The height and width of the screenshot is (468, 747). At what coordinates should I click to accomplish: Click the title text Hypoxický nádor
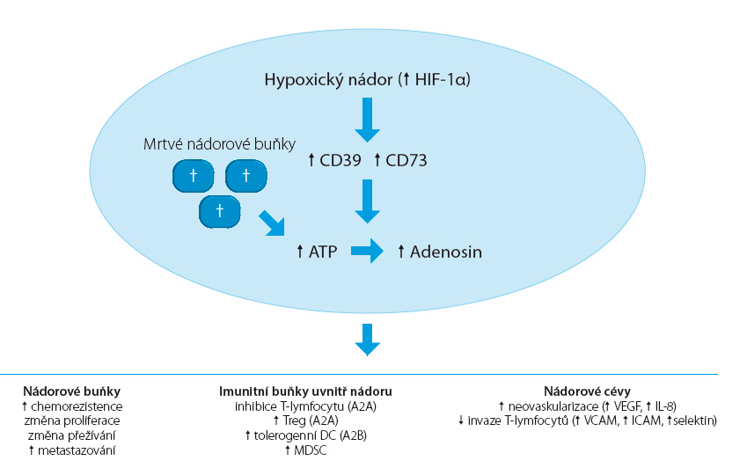coord(328,79)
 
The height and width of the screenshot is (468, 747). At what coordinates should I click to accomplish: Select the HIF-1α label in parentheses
coord(439,79)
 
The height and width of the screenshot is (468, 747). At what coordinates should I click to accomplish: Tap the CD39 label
coord(341,160)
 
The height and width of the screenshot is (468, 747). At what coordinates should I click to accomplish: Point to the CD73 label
coord(406,160)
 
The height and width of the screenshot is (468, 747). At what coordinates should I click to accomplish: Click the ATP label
coord(323,252)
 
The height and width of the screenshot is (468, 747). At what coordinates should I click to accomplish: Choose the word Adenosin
coord(446,252)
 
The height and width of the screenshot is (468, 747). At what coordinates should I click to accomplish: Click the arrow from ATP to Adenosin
coord(367,251)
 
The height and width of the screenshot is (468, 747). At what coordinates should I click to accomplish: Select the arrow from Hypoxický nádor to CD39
coord(367,120)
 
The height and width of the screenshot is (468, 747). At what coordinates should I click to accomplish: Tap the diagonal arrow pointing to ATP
coord(272,223)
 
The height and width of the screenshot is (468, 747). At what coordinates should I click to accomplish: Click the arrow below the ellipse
coord(367,340)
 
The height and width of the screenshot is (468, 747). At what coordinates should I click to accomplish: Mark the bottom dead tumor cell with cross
coord(220,211)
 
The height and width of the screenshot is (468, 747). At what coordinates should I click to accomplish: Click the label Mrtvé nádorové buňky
coord(220,144)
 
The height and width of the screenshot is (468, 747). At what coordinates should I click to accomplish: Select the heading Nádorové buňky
coord(71,391)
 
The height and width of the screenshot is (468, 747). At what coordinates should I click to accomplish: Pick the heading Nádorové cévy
coord(587,391)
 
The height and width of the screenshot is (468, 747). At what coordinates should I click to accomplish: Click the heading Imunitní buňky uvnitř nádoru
coord(305,391)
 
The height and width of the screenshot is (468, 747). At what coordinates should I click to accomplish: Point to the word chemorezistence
coord(77,406)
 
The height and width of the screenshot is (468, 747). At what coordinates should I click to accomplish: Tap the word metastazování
coord(77,450)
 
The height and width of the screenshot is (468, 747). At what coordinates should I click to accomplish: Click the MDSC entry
coord(310,450)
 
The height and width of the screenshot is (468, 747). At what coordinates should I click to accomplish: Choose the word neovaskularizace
coord(553,406)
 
